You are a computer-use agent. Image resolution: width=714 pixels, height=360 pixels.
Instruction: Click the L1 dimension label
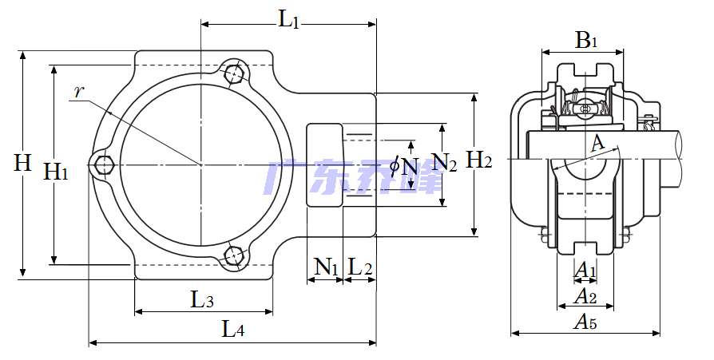point(288,21)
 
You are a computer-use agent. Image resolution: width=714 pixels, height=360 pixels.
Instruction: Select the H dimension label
point(22,163)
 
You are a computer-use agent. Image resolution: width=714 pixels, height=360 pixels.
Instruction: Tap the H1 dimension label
point(56,172)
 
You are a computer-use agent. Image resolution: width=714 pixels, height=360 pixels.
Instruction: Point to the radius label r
point(79,93)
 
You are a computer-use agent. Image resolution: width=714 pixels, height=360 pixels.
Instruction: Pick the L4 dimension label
point(232,329)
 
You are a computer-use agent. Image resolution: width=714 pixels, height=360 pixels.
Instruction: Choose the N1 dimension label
point(326,267)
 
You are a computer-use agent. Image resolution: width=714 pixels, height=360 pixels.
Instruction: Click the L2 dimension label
point(360,267)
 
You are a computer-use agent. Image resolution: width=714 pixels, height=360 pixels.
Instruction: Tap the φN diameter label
point(404,167)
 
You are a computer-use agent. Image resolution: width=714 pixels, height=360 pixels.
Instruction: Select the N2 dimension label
point(444,162)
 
